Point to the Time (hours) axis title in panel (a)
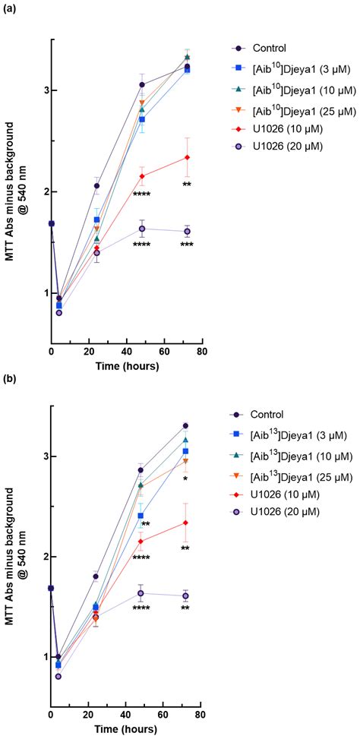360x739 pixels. pos(126,366)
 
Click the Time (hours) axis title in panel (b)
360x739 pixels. pos(126,730)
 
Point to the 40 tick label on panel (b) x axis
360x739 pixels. pos(126,715)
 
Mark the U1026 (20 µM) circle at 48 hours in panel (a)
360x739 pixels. pos(142,229)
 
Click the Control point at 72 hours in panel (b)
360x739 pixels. pos(186,426)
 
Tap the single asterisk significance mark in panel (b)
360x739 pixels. pos(185,478)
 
